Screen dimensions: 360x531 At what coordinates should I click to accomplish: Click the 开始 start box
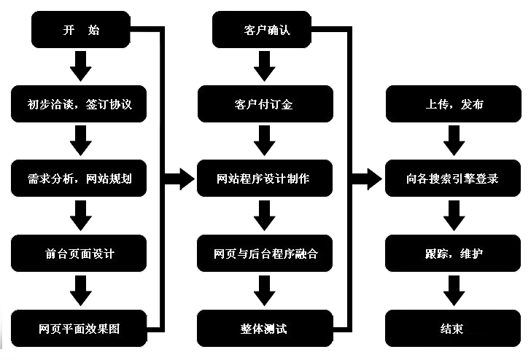[81, 31]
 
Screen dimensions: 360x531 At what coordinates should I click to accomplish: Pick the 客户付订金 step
[265, 104]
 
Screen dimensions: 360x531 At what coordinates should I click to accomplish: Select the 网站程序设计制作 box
[265, 179]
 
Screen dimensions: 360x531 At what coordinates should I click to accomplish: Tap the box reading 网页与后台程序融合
[265, 254]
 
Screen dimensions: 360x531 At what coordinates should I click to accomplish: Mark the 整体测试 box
[265, 329]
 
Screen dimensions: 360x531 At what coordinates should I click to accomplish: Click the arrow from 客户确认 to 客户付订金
[265, 68]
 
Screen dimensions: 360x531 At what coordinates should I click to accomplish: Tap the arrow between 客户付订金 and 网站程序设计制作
[265, 141]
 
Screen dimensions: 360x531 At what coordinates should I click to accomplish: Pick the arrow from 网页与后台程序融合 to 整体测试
[265, 291]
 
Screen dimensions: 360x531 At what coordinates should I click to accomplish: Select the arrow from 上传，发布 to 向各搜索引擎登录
[454, 141]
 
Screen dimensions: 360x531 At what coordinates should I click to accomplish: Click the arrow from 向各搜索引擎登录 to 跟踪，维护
[454, 216]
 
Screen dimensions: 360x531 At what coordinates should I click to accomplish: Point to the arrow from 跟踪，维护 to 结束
[454, 291]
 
